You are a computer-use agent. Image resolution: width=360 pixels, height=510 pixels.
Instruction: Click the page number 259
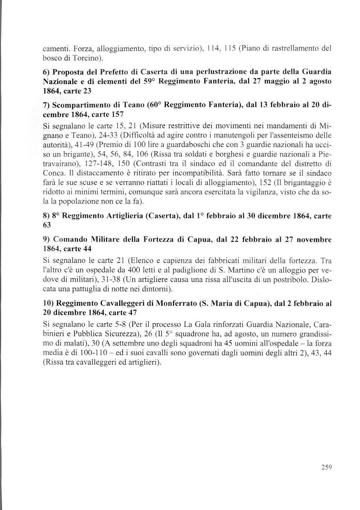tap(326, 467)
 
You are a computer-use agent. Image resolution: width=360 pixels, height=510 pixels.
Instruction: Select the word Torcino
tap(87, 58)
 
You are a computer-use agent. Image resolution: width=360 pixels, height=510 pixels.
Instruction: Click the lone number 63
tap(47, 225)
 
